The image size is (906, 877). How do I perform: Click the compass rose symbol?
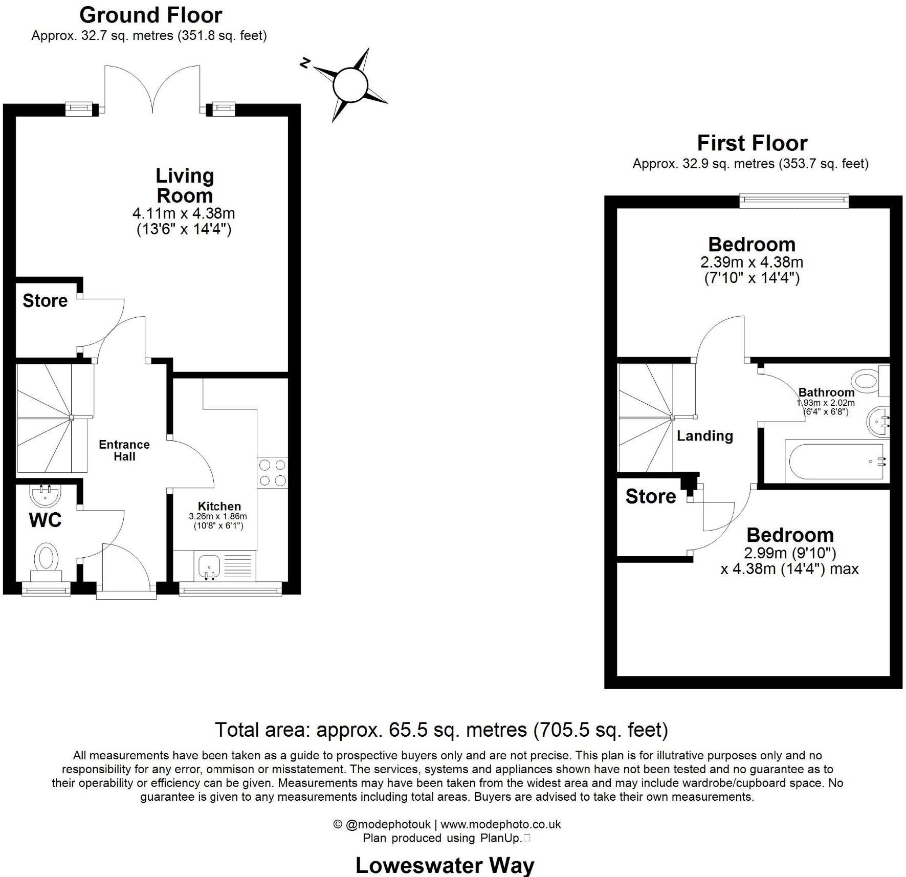(350, 85)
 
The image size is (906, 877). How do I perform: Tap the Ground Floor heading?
(150, 15)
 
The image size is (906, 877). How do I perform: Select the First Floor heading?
(752, 143)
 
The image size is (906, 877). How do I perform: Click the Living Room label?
(184, 185)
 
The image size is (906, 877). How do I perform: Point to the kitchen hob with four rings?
(273, 473)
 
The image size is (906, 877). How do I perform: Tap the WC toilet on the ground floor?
(46, 561)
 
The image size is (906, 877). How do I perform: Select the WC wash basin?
(46, 495)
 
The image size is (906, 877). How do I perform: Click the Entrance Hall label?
(124, 450)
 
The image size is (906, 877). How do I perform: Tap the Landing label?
(704, 436)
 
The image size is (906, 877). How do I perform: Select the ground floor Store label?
(45, 300)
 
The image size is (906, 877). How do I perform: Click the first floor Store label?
(650, 496)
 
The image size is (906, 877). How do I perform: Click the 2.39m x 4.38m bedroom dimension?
(752, 262)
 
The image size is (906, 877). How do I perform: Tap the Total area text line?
(441, 730)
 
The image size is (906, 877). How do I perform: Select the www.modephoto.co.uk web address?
(500, 824)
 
